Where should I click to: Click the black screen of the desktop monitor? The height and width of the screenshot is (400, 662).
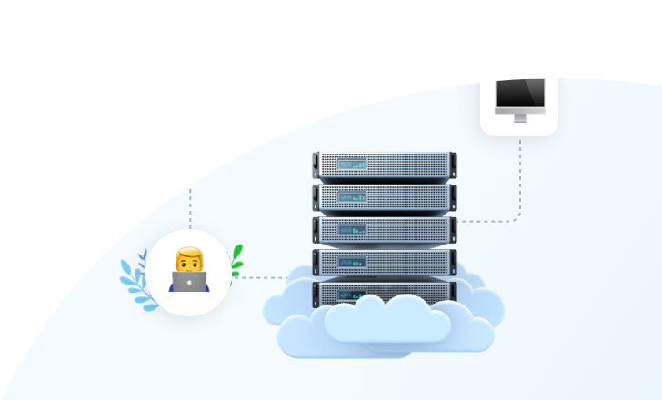519,93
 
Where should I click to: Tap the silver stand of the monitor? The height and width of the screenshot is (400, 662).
519,116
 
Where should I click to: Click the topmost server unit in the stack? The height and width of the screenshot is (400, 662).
385,165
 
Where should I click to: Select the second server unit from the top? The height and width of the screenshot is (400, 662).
385,196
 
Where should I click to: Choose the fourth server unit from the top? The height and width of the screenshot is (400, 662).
385,262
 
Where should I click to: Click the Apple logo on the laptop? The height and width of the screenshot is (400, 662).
189,282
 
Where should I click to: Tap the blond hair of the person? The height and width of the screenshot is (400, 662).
189,251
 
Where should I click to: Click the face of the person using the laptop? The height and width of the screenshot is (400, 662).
189,264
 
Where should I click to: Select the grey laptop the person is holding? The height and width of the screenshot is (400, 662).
189,281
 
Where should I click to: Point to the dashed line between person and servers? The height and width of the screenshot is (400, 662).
259,277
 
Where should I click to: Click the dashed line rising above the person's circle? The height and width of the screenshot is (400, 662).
189,207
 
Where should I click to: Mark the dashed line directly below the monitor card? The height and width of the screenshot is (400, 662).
519,173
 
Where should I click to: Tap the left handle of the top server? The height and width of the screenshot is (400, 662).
316,165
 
